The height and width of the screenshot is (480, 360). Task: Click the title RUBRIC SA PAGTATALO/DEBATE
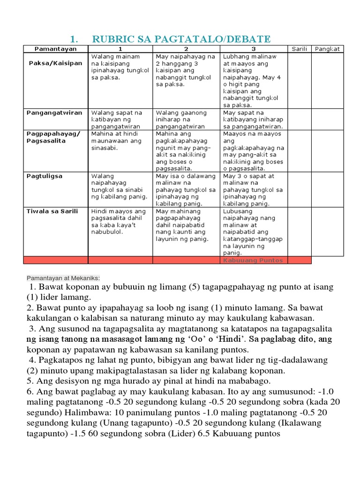tap(181, 39)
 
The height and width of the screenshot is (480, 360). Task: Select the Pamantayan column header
tap(55, 49)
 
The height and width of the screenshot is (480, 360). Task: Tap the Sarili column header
tap(299, 49)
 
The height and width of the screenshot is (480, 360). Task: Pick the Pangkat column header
tap(328, 49)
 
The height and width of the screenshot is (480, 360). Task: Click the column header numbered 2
tap(186, 49)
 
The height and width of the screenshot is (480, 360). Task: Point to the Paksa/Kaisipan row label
tap(55, 63)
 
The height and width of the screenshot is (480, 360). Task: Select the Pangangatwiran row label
tap(55, 112)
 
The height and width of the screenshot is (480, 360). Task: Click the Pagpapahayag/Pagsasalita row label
tap(53, 137)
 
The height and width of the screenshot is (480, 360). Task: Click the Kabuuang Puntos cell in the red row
tap(253, 260)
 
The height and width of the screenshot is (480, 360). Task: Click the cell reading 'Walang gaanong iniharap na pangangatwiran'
tap(186, 120)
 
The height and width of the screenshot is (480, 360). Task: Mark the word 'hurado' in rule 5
tap(109, 381)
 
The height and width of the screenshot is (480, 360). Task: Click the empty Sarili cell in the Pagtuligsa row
tap(299, 189)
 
